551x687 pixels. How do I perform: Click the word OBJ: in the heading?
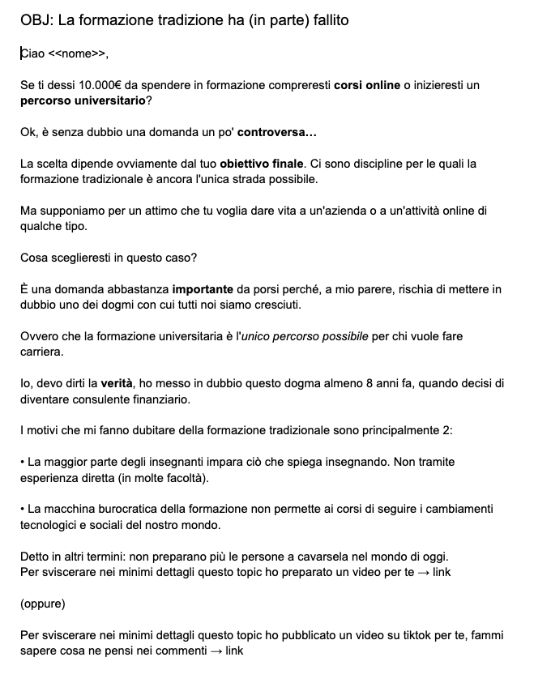tap(36, 20)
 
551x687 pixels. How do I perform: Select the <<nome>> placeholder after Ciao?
tap(77, 54)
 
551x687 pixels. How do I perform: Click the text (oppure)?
tap(43, 604)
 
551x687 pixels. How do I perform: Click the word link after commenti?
tap(234, 651)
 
